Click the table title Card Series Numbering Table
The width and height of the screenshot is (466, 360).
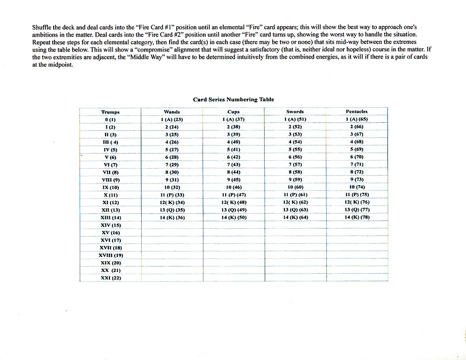233,99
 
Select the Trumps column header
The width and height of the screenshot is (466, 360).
110,112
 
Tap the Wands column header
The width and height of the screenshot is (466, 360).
171,112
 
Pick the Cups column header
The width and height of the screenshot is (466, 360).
233,112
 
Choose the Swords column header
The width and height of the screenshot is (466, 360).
295,112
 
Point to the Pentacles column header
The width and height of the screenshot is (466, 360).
356,112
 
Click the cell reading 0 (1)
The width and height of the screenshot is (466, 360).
110,120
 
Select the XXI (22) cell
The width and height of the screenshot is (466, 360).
110,278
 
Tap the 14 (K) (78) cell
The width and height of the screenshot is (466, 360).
356,217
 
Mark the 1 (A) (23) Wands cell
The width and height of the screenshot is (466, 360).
171,120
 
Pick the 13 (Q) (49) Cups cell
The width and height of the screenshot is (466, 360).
233,210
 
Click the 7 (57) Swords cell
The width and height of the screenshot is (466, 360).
295,165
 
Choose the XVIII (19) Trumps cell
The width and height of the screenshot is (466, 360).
110,255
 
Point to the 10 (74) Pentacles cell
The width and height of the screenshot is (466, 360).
356,187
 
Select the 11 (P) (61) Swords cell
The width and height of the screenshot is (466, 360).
295,195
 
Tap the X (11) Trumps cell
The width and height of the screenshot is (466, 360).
110,195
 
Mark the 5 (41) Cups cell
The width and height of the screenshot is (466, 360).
233,149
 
